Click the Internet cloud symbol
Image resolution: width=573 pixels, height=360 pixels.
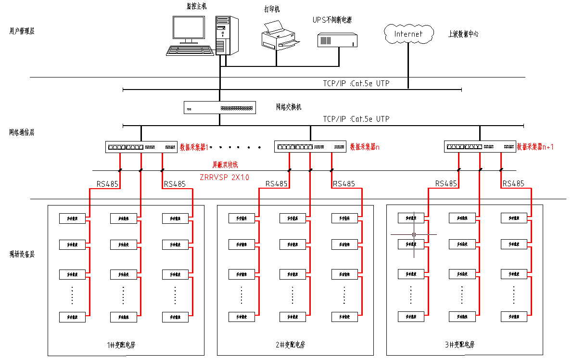408,34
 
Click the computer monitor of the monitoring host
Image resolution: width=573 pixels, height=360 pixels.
189,30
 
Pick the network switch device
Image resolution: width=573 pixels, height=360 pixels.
220,107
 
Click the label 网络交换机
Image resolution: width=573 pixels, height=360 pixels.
288,107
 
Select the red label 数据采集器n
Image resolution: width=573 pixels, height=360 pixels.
365,147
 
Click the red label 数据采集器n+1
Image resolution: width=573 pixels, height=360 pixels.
535,147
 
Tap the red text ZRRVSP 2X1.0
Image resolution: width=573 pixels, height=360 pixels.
224,177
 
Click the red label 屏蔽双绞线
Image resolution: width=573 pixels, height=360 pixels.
226,165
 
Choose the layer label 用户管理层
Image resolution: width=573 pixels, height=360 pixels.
22,31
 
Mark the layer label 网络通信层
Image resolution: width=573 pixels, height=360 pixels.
22,132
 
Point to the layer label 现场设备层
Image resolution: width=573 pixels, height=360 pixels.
22,254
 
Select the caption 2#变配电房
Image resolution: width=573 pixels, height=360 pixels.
290,345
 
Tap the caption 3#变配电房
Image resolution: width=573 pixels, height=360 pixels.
460,345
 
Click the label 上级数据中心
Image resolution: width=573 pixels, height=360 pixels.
463,34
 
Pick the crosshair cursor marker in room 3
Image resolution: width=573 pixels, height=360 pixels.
414,234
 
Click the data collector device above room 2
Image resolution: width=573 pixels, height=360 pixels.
310,146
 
